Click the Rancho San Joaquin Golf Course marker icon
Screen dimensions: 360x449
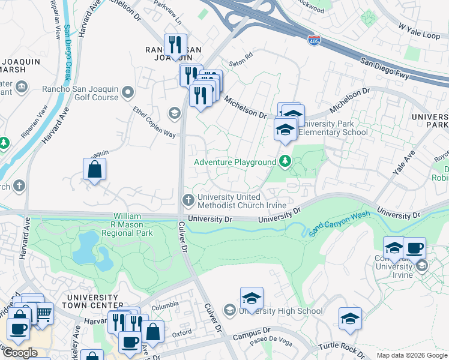point(127,92)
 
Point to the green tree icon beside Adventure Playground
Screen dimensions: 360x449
point(285,161)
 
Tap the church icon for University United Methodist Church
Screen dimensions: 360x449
point(188,199)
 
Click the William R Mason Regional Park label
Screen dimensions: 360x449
point(127,224)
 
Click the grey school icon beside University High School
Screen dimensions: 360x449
point(229,310)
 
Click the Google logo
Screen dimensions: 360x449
point(20,353)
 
